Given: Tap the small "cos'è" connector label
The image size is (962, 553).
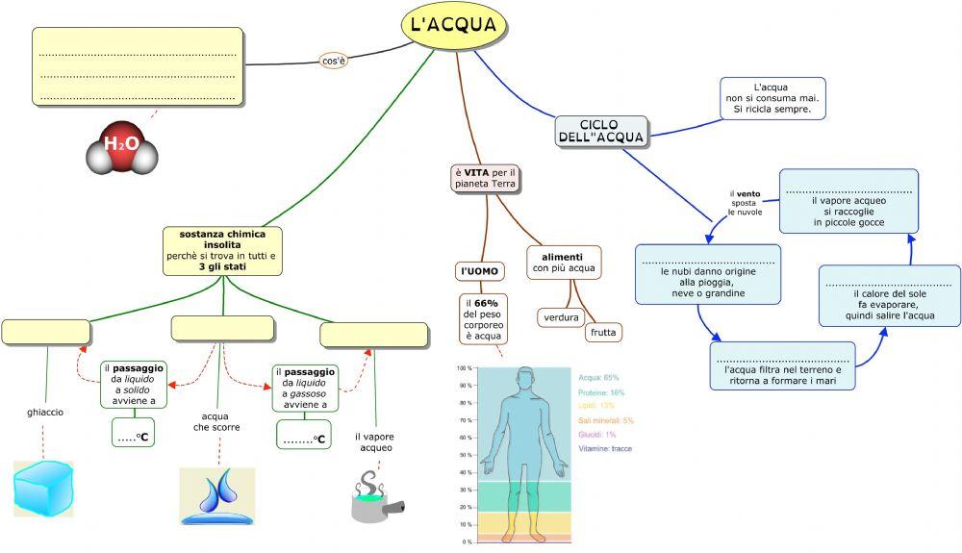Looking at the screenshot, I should pos(333,61).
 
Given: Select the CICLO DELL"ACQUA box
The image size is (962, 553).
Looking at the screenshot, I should pos(601,131).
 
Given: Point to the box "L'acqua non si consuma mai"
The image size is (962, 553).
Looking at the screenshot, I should pos(772,98).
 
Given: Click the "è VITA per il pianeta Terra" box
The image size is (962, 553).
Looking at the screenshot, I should pos(486,178).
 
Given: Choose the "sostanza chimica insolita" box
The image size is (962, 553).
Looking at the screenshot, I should pos(222,250).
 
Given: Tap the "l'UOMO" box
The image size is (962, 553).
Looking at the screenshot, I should pos(478,271).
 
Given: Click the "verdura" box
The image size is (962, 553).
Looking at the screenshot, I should pos(560,316).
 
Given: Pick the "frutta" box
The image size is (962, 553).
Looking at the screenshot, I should pos(603,333).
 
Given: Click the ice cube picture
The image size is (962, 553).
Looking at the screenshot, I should pos(44,488).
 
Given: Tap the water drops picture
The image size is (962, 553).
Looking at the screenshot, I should pos(217,495).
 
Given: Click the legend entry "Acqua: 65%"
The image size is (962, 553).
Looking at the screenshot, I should pos(599,378).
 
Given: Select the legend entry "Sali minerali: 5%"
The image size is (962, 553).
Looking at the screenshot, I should pos(606,420).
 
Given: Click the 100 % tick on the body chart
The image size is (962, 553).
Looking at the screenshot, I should pos(465,368).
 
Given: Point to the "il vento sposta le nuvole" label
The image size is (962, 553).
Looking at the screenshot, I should pos(745,203).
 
